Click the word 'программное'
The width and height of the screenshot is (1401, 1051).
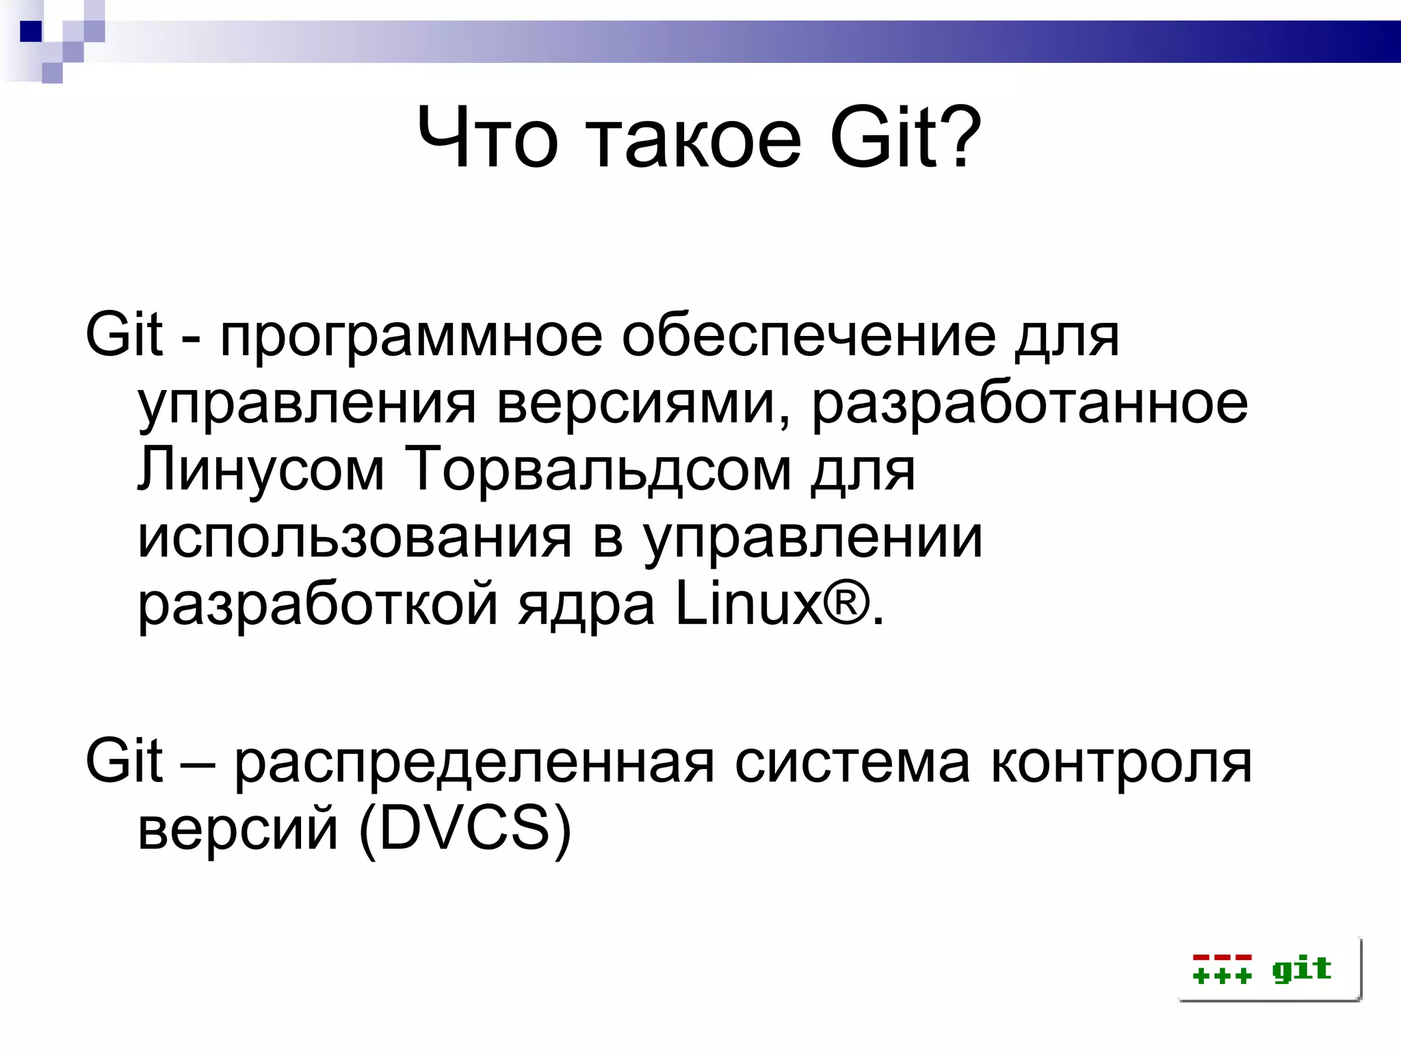pyautogui.click(x=411, y=338)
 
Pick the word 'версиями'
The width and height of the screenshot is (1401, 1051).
pyautogui.click(x=644, y=404)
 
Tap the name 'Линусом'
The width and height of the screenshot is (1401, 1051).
pyautogui.click(x=261, y=470)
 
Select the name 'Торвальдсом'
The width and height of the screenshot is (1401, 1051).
pyautogui.click(x=598, y=470)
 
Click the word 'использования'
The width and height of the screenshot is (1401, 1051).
pyautogui.click(x=354, y=539)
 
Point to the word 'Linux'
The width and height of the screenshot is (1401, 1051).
pyautogui.click(x=749, y=604)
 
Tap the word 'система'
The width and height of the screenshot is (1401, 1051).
pyautogui.click(x=852, y=763)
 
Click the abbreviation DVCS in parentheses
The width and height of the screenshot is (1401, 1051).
pyautogui.click(x=464, y=829)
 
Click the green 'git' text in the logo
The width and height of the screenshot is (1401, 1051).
pyautogui.click(x=1301, y=970)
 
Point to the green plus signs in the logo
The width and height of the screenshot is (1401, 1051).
pyautogui.click(x=1222, y=975)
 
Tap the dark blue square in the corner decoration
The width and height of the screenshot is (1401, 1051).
pyautogui.click(x=31, y=31)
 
